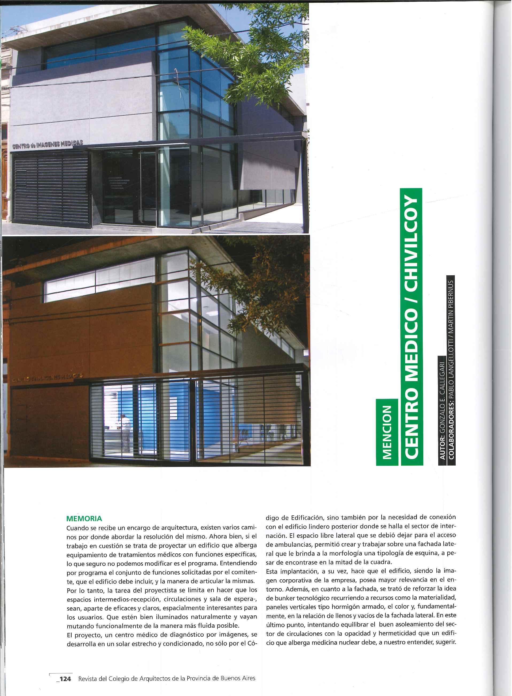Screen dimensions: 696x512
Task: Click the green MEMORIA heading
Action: [84, 518]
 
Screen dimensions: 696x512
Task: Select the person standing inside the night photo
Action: [126, 431]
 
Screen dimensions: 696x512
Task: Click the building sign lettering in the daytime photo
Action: [47, 145]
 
